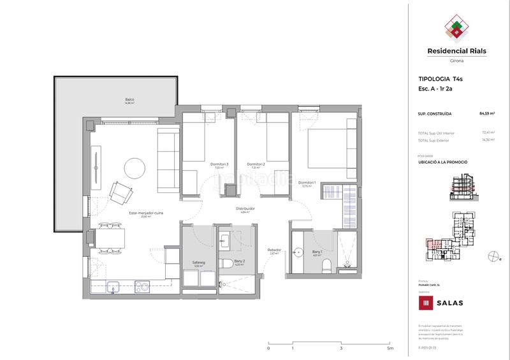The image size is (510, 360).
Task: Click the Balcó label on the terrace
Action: pyautogui.click(x=130, y=99)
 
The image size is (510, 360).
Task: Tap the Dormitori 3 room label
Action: pyautogui.click(x=219, y=164)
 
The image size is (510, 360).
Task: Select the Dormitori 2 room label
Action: pyautogui.click(x=256, y=164)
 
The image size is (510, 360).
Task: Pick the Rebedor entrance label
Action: pyautogui.click(x=275, y=250)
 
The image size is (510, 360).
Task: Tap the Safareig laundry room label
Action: pyautogui.click(x=198, y=262)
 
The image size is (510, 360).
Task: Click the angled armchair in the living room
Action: pyautogui.click(x=121, y=191)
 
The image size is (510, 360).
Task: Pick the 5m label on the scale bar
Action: pyautogui.click(x=390, y=349)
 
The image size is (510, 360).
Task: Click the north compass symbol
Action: pyautogui.click(x=492, y=256)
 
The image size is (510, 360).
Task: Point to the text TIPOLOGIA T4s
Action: pyautogui.click(x=436, y=79)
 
